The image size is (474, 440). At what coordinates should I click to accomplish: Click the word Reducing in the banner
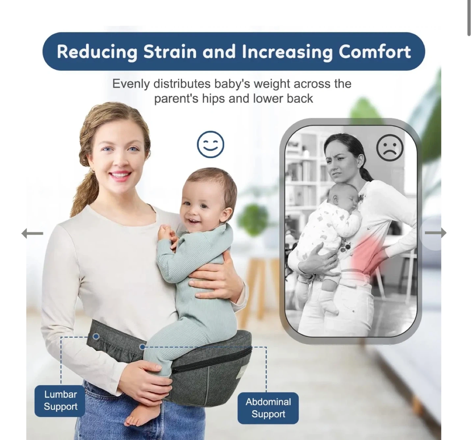pyautogui.click(x=97, y=52)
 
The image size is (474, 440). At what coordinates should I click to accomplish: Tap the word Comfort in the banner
pyautogui.click(x=375, y=51)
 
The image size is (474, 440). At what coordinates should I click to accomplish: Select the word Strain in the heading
pyautogui.click(x=170, y=52)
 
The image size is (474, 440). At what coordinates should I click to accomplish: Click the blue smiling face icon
pyautogui.click(x=210, y=144)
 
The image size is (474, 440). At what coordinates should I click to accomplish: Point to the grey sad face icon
pyautogui.click(x=389, y=148)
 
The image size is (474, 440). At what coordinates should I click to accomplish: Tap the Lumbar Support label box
pyautogui.click(x=60, y=400)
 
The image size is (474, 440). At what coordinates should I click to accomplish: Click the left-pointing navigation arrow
pyautogui.click(x=32, y=233)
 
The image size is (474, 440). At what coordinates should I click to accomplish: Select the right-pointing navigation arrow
pyautogui.click(x=435, y=233)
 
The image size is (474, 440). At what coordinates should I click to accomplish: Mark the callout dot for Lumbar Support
pyautogui.click(x=96, y=336)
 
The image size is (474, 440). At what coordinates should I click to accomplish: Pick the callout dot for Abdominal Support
pyautogui.click(x=143, y=346)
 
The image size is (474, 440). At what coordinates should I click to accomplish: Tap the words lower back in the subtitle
pyautogui.click(x=283, y=98)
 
